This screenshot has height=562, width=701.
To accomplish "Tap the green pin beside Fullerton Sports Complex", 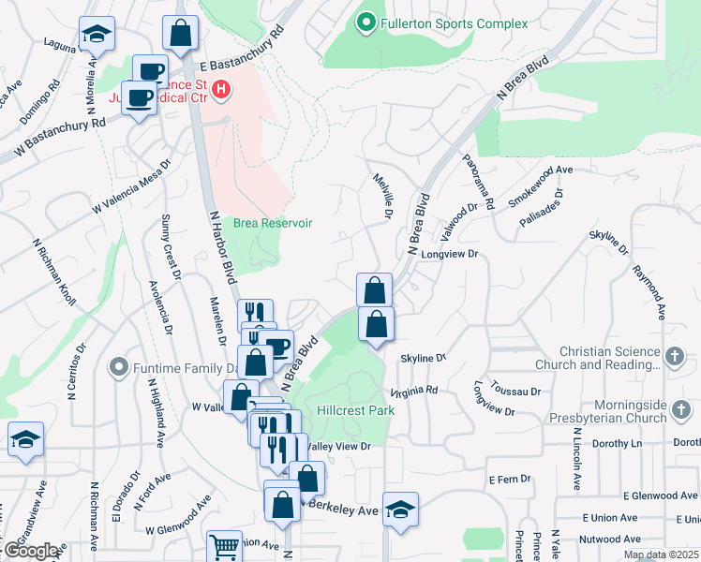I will point(365,20).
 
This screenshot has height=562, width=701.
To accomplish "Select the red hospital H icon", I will point(221,90).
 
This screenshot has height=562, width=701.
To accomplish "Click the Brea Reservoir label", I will point(273,223).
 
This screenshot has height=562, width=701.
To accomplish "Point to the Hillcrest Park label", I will point(354,410).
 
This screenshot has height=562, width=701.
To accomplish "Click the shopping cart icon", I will point(224,546).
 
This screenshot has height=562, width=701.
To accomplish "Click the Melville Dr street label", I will point(381,197).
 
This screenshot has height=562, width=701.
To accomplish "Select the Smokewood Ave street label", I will point(541,186).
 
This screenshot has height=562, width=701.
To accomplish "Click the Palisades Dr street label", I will point(541,209).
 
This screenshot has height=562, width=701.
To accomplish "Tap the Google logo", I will point(32,551).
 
